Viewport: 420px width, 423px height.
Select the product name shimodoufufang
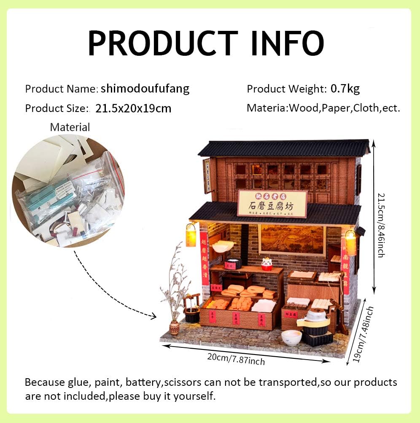[145, 89]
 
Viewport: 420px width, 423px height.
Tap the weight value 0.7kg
[345, 89]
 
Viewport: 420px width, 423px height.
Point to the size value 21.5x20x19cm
[133, 108]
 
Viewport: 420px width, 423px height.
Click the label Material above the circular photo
[70, 127]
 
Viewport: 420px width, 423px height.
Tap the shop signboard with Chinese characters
[272, 204]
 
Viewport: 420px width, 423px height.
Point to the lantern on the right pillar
[350, 242]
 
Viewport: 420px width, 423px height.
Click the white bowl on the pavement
[291, 337]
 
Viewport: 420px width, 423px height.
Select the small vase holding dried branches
[174, 327]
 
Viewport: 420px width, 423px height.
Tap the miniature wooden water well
[191, 308]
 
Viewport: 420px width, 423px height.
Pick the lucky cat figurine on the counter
[267, 264]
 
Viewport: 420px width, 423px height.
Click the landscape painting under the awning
[291, 239]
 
